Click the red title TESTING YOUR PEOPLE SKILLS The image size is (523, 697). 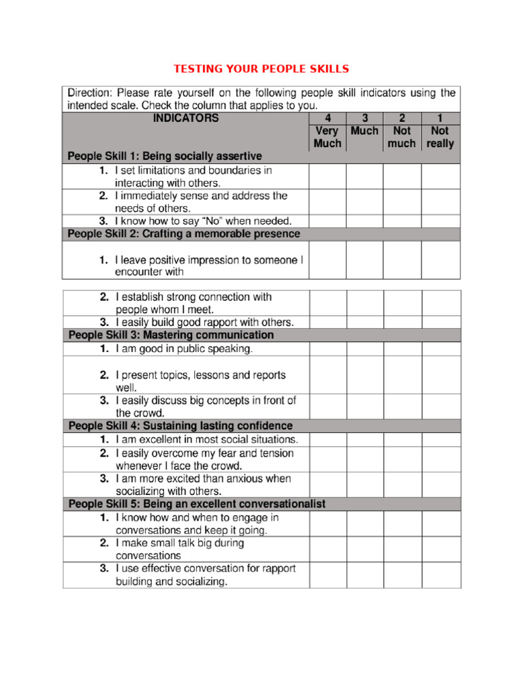click(x=261, y=69)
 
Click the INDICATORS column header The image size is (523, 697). click(x=186, y=118)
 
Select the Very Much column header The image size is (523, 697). click(x=328, y=137)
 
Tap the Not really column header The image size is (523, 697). click(x=440, y=137)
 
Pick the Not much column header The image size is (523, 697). click(x=402, y=137)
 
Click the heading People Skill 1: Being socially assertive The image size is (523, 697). click(x=165, y=156)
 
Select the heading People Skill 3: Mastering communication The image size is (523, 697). click(x=171, y=335)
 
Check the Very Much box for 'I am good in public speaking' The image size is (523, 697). click(x=328, y=349)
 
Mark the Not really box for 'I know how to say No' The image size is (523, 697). click(x=441, y=221)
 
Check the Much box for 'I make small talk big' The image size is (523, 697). click(x=365, y=549)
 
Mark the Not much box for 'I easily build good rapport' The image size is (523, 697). click(x=402, y=322)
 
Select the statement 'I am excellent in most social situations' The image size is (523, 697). click(x=207, y=440)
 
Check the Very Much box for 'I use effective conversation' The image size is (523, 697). click(x=328, y=575)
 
